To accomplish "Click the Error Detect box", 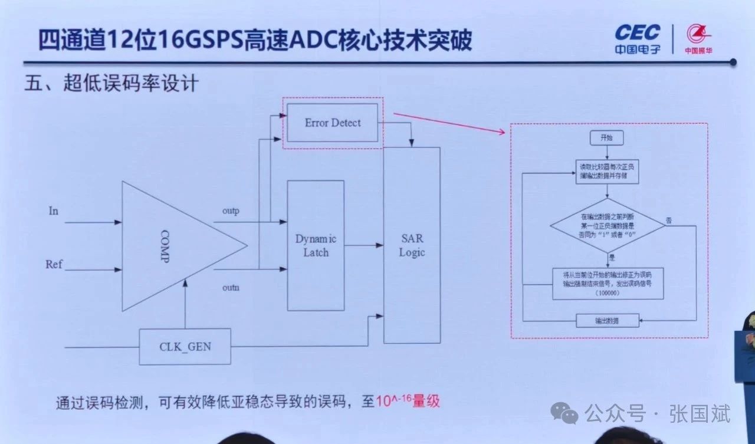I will (x=332, y=123).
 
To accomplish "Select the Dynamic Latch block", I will (x=316, y=245).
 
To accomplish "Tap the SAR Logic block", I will (x=412, y=245).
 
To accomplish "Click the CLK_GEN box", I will (x=185, y=347).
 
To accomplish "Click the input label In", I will (x=54, y=211).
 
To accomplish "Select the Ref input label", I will (x=54, y=264).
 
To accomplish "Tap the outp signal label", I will (x=231, y=211).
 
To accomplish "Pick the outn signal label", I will (x=231, y=287).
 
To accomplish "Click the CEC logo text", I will (x=638, y=32).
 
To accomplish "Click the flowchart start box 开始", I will (x=606, y=138).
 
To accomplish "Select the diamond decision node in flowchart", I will (x=608, y=225).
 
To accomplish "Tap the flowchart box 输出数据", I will (x=608, y=321).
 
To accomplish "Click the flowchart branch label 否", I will (x=669, y=220).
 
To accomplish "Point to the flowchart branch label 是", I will (x=611, y=258).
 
